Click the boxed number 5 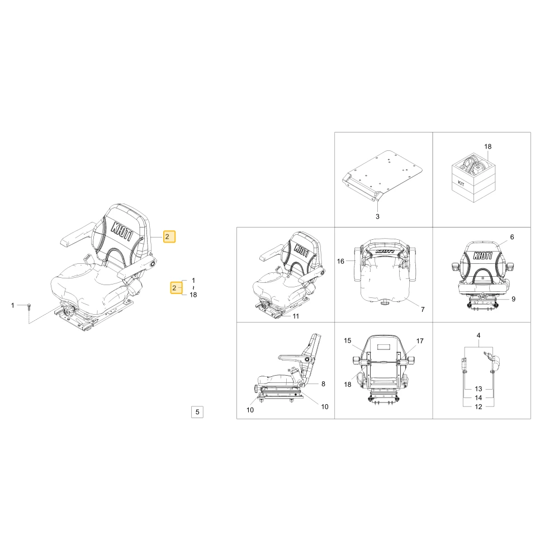(197, 412)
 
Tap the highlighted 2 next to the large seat (169, 236)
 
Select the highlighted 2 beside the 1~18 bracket (176, 288)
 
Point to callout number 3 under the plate (377, 216)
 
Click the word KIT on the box (461, 184)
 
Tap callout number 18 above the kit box (487, 146)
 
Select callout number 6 (512, 237)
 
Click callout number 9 (513, 299)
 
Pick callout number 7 (423, 310)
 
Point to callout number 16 (340, 261)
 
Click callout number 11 (296, 316)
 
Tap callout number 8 (323, 384)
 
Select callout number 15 (348, 341)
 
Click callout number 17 (420, 341)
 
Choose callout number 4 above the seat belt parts (479, 335)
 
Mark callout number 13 (479, 389)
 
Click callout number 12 (479, 407)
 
